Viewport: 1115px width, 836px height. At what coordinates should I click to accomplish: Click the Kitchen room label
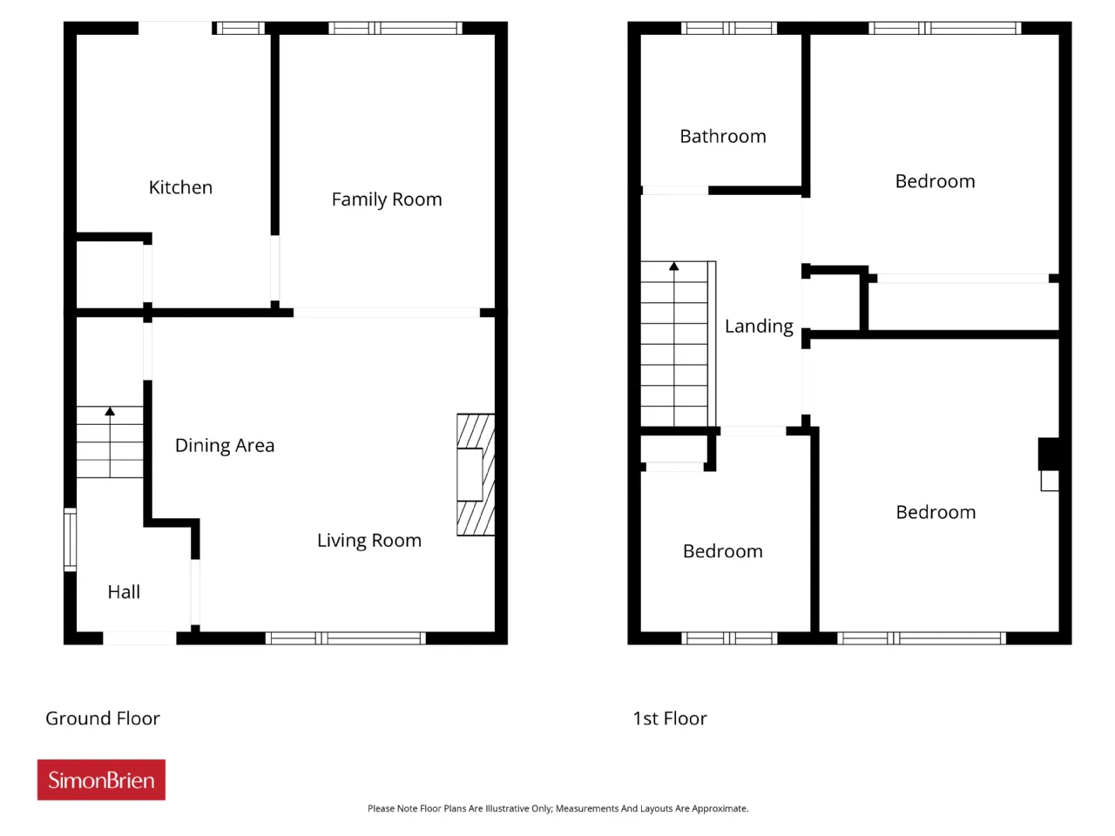click(180, 187)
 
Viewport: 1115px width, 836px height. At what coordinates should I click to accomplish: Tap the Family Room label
click(387, 199)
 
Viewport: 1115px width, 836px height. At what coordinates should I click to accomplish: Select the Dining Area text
click(225, 445)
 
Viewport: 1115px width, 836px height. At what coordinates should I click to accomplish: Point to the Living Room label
click(369, 541)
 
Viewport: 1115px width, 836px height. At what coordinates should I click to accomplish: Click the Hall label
click(124, 592)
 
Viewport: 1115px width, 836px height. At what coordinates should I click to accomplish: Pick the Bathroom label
click(723, 136)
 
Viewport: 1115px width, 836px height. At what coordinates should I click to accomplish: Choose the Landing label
click(759, 327)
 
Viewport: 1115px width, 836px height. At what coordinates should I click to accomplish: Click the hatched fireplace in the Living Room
click(476, 475)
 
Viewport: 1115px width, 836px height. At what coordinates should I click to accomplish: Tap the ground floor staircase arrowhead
click(110, 411)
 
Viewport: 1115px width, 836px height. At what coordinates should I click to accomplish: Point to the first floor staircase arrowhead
click(674, 266)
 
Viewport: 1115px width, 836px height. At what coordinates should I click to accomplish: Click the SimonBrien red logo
click(101, 779)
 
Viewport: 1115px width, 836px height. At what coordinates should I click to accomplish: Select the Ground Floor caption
click(103, 718)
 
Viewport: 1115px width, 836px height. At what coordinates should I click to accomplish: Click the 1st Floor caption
click(670, 718)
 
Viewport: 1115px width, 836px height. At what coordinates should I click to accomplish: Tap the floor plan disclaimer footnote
click(557, 808)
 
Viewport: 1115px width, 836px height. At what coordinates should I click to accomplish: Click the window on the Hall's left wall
click(70, 539)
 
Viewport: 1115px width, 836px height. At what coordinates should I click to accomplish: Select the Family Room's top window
click(395, 28)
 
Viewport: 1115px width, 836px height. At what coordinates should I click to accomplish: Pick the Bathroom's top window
click(729, 28)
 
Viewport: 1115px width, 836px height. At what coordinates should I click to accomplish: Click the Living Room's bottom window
click(346, 638)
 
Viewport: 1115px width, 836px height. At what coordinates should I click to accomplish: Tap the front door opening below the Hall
click(139, 638)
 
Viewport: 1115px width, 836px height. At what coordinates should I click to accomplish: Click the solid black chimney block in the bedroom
click(1049, 454)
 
